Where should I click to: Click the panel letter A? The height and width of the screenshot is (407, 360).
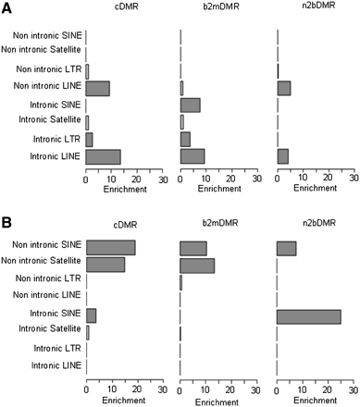(x=7, y=8)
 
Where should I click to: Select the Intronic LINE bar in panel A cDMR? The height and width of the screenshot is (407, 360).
(x=103, y=156)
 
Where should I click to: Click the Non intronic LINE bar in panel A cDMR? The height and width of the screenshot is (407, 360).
(x=97, y=88)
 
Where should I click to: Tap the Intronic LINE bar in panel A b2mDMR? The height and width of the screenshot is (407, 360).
(x=192, y=156)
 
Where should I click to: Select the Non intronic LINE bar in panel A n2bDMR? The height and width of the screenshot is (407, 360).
(x=283, y=88)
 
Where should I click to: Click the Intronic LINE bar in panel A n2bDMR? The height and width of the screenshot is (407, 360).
(x=282, y=156)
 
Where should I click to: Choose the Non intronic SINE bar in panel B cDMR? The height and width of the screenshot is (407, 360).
(x=110, y=248)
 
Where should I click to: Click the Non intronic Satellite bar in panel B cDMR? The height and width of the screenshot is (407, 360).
(x=105, y=265)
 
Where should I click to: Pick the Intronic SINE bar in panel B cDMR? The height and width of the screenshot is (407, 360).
(x=91, y=316)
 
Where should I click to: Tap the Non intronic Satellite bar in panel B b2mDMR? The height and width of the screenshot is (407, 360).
(x=196, y=265)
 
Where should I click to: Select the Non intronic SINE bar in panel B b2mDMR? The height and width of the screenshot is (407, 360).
(x=192, y=248)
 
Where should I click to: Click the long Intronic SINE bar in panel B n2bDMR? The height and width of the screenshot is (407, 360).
(x=308, y=316)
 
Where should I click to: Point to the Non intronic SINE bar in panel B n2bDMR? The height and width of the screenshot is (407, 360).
(x=286, y=248)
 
